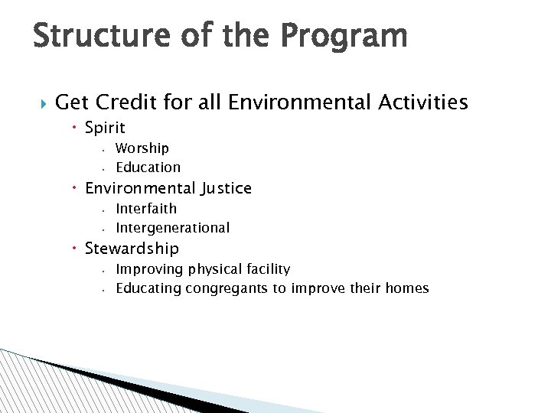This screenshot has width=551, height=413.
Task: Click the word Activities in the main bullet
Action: click(x=419, y=102)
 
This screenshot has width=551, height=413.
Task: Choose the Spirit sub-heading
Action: click(x=105, y=127)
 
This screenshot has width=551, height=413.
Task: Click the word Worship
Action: click(x=142, y=148)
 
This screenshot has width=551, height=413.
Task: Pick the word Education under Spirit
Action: click(x=148, y=167)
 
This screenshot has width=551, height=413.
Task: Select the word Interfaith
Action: click(x=145, y=208)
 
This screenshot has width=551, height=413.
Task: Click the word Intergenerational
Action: click(x=172, y=227)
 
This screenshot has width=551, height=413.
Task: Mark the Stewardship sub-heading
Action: click(x=132, y=248)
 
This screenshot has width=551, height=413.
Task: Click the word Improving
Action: click(x=145, y=268)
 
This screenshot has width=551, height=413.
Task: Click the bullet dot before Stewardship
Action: click(x=77, y=249)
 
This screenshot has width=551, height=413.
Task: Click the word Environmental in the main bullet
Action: click(x=282, y=102)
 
